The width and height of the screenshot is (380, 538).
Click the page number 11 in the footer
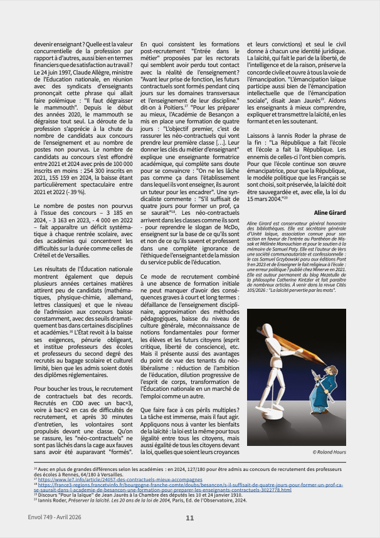(190, 518)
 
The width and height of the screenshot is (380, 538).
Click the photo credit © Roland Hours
(329, 452)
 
